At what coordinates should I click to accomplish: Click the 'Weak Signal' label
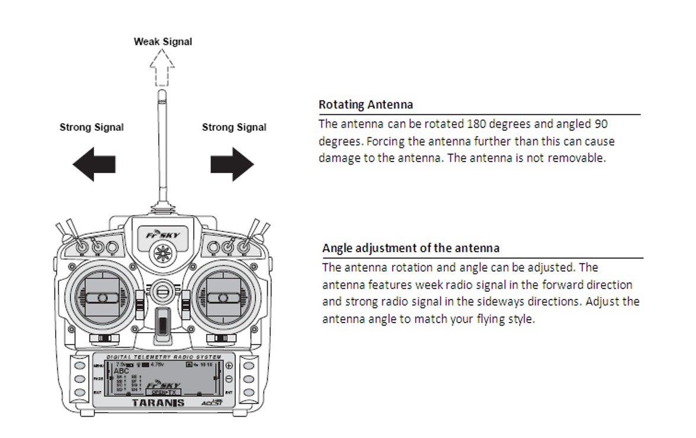[163, 41]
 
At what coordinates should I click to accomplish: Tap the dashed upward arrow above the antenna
[162, 66]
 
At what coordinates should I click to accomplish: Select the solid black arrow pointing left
[94, 164]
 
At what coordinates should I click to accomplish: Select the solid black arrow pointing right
[232, 164]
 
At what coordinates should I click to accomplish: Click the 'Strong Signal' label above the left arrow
[92, 127]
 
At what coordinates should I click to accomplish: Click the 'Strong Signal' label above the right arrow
[234, 127]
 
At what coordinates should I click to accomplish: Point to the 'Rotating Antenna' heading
[365, 105]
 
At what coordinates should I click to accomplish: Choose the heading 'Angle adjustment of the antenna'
[410, 248]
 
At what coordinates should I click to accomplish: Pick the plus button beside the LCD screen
[229, 366]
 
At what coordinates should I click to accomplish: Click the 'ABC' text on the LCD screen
[121, 371]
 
